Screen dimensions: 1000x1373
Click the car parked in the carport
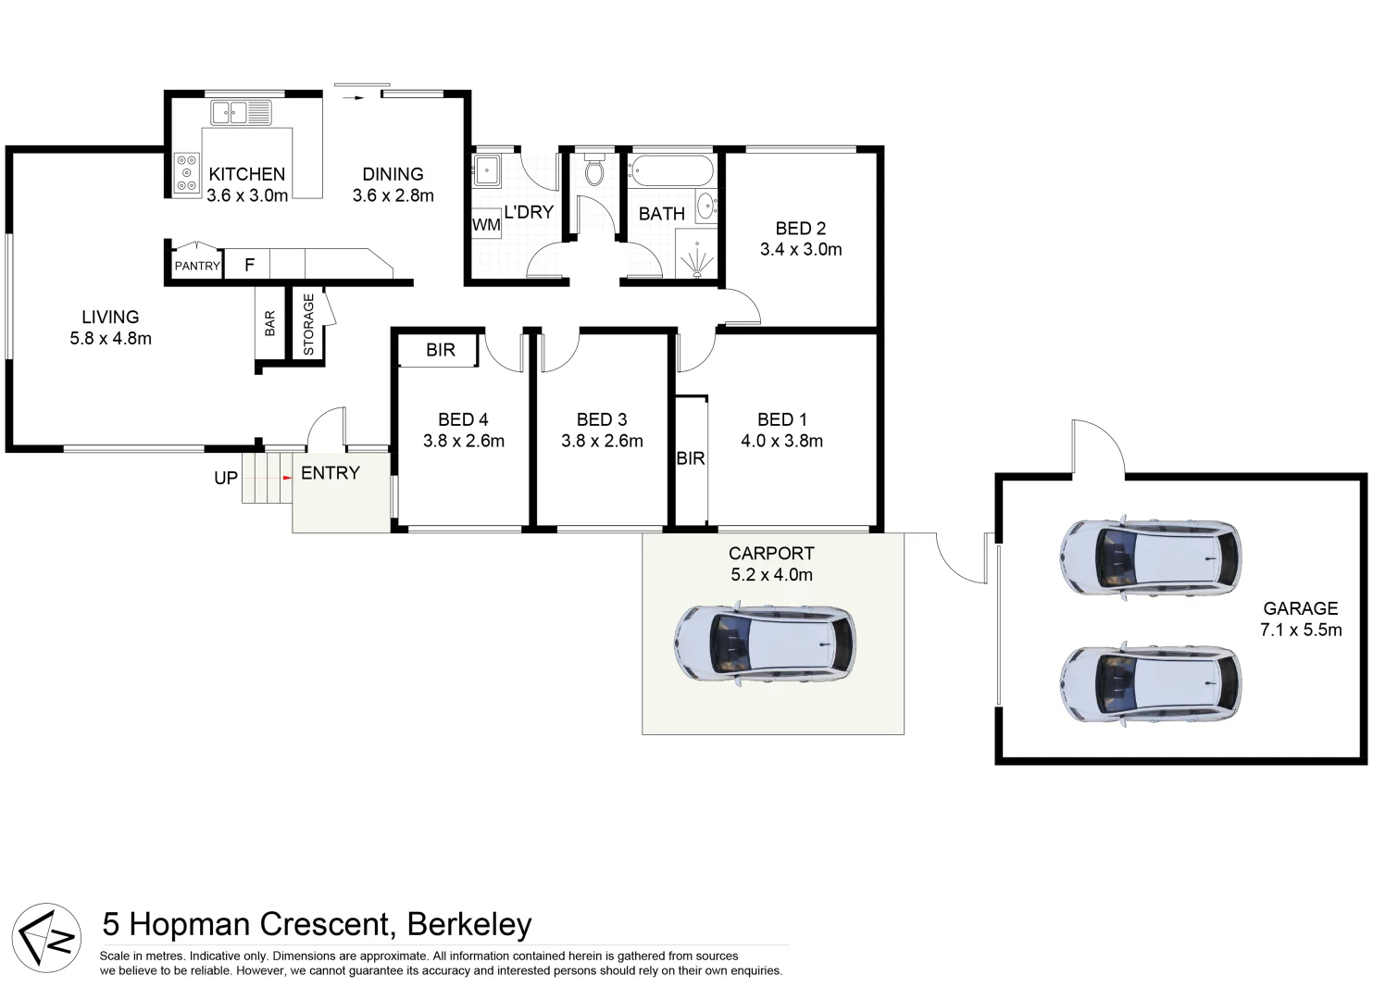(x=765, y=644)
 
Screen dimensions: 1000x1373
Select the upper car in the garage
(x=1150, y=556)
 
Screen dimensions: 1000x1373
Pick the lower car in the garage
(x=1150, y=683)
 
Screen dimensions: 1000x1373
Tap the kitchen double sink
(x=241, y=113)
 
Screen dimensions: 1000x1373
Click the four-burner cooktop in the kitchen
(x=187, y=172)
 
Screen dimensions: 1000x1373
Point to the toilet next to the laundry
(x=594, y=169)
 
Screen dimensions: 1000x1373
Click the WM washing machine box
(x=486, y=225)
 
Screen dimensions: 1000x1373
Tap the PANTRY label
(x=197, y=266)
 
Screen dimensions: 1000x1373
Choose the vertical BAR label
(x=269, y=323)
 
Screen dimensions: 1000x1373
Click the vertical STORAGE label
(x=308, y=324)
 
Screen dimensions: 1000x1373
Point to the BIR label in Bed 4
(x=441, y=350)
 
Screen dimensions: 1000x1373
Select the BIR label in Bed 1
(x=691, y=458)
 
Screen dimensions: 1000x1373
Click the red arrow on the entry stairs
(x=287, y=478)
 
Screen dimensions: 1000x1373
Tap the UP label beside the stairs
(x=226, y=478)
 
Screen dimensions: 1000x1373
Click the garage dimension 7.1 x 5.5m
(x=1300, y=630)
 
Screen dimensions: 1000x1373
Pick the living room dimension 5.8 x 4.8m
(x=110, y=338)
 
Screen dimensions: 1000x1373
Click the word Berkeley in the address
(x=469, y=924)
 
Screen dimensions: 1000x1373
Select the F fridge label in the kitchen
(x=249, y=265)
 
